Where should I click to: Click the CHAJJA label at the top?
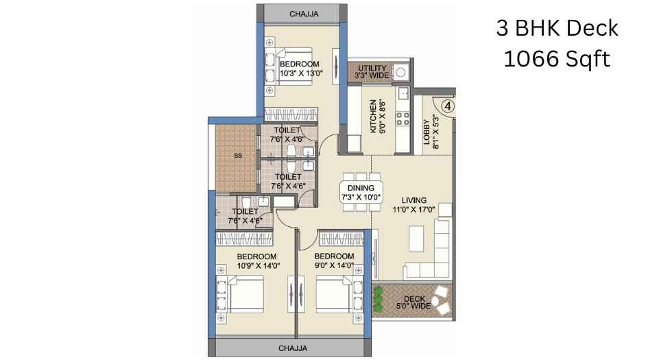click(x=304, y=14)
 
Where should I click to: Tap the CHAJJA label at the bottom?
click(x=293, y=348)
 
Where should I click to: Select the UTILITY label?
click(x=372, y=68)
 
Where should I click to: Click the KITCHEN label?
click(x=373, y=116)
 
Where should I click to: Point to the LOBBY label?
click(x=427, y=132)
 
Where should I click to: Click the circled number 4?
click(x=448, y=106)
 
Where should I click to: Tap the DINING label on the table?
click(x=361, y=188)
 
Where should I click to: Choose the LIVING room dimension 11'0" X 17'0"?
click(x=413, y=210)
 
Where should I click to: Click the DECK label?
click(x=414, y=299)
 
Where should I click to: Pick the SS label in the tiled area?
click(x=238, y=156)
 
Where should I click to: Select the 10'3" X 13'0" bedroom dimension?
click(x=301, y=73)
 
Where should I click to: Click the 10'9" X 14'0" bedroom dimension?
click(x=259, y=266)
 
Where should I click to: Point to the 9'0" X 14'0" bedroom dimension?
click(x=335, y=265)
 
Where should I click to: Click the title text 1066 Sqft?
click(x=557, y=59)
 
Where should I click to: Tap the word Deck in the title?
click(x=592, y=29)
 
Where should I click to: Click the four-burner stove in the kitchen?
click(x=403, y=118)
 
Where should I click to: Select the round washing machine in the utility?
click(x=400, y=73)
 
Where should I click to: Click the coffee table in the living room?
click(x=416, y=239)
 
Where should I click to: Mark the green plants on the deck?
click(x=378, y=299)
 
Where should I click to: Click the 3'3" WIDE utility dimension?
click(x=372, y=75)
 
